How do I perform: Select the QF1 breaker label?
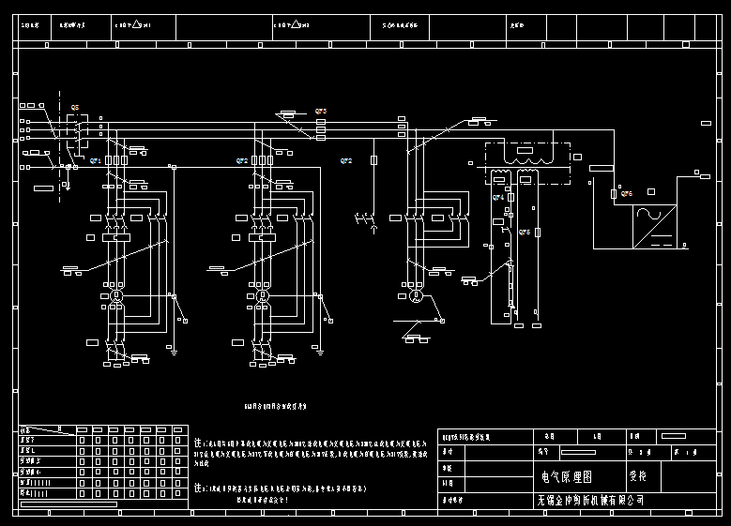point(95,160)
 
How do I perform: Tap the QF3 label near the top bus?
point(320,112)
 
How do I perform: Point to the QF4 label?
point(498,198)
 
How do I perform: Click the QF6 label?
point(626,194)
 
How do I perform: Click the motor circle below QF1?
point(117,296)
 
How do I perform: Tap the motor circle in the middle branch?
point(263,296)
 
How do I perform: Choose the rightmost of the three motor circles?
point(416,296)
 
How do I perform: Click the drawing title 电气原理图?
point(567,477)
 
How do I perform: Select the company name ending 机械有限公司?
point(591,501)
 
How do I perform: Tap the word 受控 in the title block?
point(638,477)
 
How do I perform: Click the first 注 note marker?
point(198,442)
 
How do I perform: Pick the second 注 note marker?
point(198,489)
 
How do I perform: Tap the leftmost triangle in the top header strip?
point(137,25)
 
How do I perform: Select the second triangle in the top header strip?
point(295,25)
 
